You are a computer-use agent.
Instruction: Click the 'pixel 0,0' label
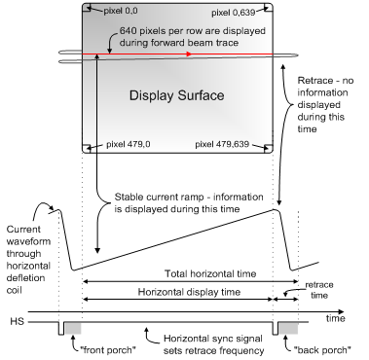tap(121, 11)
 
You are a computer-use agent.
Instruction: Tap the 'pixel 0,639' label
tap(233, 13)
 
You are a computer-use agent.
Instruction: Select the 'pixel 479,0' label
tap(129, 144)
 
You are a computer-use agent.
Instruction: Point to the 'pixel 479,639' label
tap(222, 144)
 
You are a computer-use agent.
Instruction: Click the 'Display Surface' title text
tap(177, 95)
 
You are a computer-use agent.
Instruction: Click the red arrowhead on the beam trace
tap(189, 54)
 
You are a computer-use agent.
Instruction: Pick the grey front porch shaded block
tap(73, 328)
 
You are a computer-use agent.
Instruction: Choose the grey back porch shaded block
tap(288, 328)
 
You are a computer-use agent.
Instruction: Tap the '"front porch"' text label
tap(108, 350)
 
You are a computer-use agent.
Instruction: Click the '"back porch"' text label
tap(322, 350)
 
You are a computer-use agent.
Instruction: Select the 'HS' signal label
tap(17, 321)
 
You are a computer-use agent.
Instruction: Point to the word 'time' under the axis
tap(335, 318)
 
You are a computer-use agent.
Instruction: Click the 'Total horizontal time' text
tap(210, 273)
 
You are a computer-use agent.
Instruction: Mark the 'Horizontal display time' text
tap(189, 292)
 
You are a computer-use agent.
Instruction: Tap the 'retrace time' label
tap(319, 290)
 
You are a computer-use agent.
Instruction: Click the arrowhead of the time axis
tap(341, 312)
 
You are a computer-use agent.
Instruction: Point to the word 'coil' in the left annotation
tap(14, 290)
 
